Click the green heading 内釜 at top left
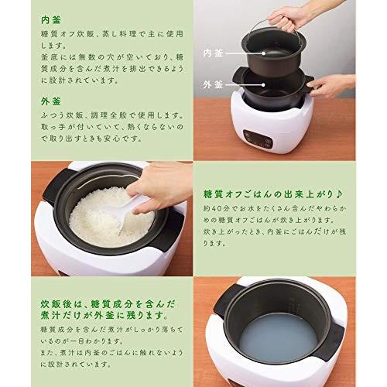pyautogui.click(x=51, y=20)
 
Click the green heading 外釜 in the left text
pyautogui.click(x=51, y=101)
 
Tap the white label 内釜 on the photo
pyautogui.click(x=213, y=53)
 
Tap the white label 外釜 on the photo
pyautogui.click(x=213, y=84)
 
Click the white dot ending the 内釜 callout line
pyautogui.click(x=263, y=53)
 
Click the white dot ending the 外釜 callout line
pyautogui.click(x=263, y=84)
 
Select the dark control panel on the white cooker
pyautogui.click(x=258, y=139)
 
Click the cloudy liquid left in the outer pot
pyautogui.click(x=278, y=336)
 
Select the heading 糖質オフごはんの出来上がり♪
pyautogui.click(x=273, y=194)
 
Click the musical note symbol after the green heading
pyautogui.click(x=339, y=194)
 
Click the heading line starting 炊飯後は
pyautogui.click(x=108, y=304)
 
